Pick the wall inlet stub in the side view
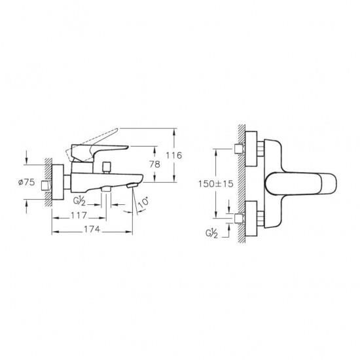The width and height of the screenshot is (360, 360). (45, 185)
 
